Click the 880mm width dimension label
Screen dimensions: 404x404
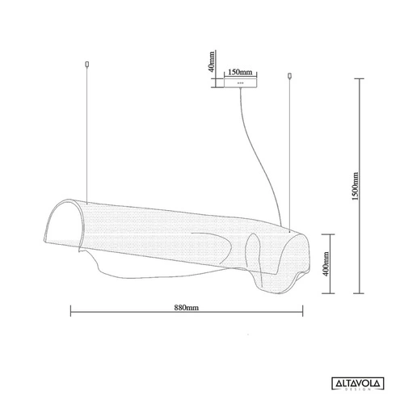click(x=186, y=308)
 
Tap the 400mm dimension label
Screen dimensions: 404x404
click(x=324, y=263)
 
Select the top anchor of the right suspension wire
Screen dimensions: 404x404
click(x=290, y=77)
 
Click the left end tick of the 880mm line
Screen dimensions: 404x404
click(x=71, y=314)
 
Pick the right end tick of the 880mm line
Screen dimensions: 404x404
click(x=301, y=314)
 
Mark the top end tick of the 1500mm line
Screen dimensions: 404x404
click(x=360, y=78)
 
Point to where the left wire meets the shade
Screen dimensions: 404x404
click(x=86, y=199)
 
